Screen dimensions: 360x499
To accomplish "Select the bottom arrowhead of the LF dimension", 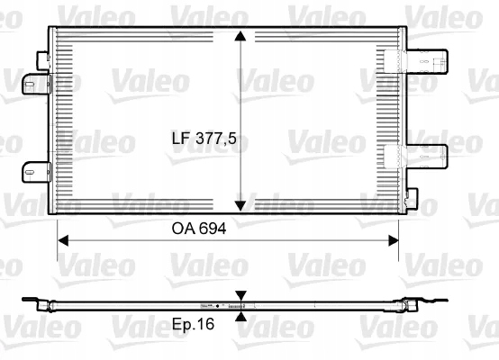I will click(x=240, y=203).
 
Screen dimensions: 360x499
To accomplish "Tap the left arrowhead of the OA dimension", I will click(x=63, y=240).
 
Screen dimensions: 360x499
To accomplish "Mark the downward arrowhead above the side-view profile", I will click(x=240, y=295).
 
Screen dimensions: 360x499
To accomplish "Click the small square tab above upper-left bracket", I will click(x=42, y=57).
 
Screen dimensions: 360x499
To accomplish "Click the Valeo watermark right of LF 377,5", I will click(x=315, y=140).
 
